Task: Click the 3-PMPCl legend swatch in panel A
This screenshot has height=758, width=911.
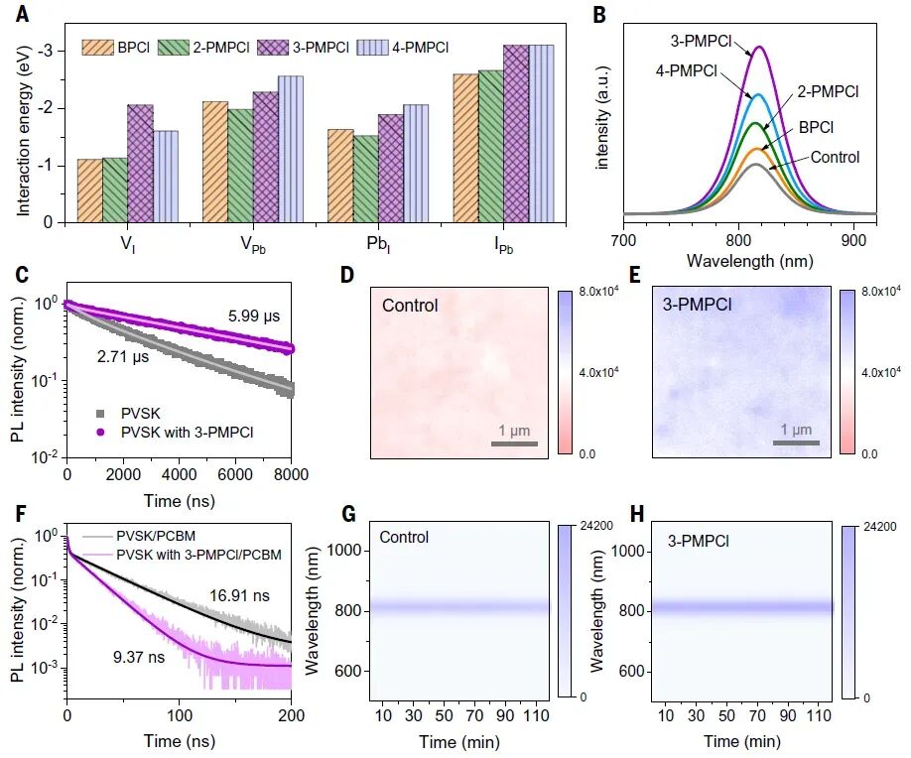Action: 273,48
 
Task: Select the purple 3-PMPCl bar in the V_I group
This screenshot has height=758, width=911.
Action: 140,164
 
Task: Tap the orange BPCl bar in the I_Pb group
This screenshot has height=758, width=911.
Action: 466,148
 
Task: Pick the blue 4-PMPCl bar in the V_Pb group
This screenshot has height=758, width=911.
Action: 291,149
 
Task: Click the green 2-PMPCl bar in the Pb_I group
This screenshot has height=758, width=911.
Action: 366,179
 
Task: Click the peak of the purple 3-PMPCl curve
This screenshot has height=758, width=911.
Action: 759,47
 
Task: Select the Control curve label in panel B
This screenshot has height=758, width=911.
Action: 835,158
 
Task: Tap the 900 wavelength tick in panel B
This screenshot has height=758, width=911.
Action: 852,240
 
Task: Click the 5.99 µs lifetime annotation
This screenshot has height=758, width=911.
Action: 254,316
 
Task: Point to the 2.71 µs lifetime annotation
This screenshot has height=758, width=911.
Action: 123,356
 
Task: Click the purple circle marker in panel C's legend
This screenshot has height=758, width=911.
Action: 100,433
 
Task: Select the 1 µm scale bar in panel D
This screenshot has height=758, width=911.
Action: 514,443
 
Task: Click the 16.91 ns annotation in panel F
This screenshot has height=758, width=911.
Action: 239,595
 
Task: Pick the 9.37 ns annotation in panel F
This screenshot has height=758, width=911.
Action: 139,657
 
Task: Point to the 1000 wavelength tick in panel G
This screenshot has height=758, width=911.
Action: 346,551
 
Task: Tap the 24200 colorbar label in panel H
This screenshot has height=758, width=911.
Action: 880,527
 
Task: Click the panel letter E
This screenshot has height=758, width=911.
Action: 634,274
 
